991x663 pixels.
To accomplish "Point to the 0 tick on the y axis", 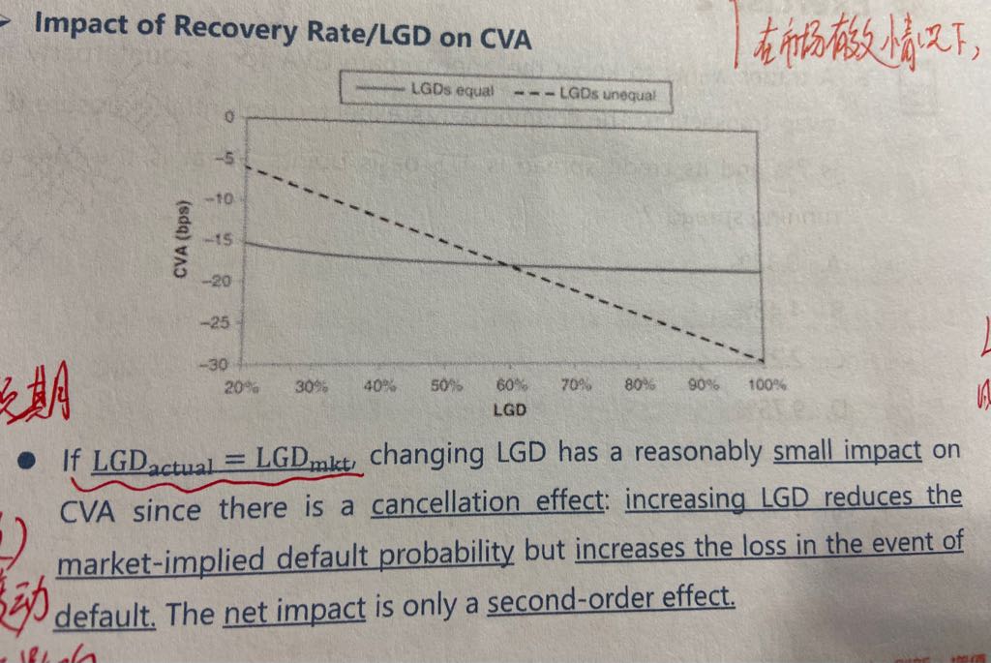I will [x=229, y=116].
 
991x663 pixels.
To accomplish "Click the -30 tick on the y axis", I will [x=219, y=363].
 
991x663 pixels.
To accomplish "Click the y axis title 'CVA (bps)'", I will [x=181, y=239].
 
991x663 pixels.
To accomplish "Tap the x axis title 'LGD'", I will [x=509, y=409].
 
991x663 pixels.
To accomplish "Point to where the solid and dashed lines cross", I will [x=514, y=267].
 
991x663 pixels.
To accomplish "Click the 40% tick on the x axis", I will [x=379, y=385].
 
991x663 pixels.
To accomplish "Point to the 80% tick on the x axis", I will [x=641, y=384].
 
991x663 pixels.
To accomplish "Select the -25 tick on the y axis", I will [x=221, y=321].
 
